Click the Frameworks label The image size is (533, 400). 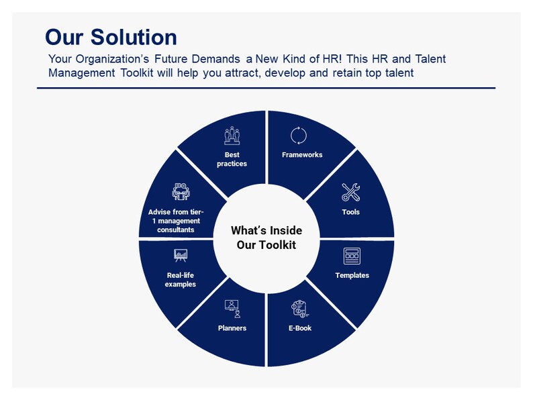tap(302, 154)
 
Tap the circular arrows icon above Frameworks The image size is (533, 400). tap(299, 136)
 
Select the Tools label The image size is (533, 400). tap(350, 212)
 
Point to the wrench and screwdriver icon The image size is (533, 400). tap(351, 193)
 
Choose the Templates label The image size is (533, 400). tap(352, 275)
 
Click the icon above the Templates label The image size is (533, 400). tap(352, 256)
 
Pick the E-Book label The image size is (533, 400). tap(299, 328)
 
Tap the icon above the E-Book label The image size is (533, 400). tap(299, 309)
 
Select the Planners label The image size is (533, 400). tap(232, 328)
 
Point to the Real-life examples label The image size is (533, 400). tap(181, 279)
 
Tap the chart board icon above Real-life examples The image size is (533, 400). tap(181, 256)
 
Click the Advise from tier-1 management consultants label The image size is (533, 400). tap(176, 221)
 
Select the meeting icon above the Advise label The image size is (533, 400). tap(181, 192)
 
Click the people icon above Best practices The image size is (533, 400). tap(232, 136)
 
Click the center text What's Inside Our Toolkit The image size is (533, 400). tap(266, 238)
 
